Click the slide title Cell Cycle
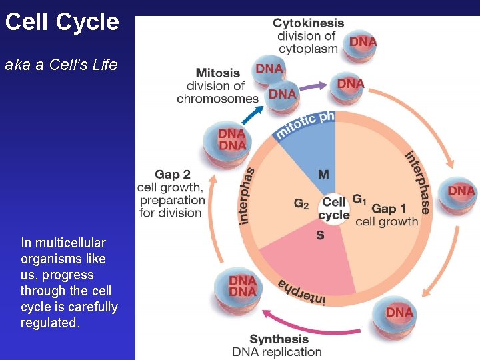(x=61, y=22)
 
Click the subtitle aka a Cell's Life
(x=61, y=65)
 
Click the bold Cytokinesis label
(x=308, y=23)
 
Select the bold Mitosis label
(x=217, y=73)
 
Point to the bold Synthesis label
(x=279, y=339)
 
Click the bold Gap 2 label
(x=173, y=175)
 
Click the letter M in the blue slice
(x=323, y=175)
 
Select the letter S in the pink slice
(x=321, y=235)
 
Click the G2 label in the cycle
(x=301, y=203)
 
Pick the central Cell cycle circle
(x=334, y=208)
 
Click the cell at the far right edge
(x=461, y=194)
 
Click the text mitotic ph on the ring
(x=304, y=124)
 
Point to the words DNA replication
(x=277, y=352)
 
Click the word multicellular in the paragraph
(x=63, y=243)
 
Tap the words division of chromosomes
(x=217, y=92)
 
